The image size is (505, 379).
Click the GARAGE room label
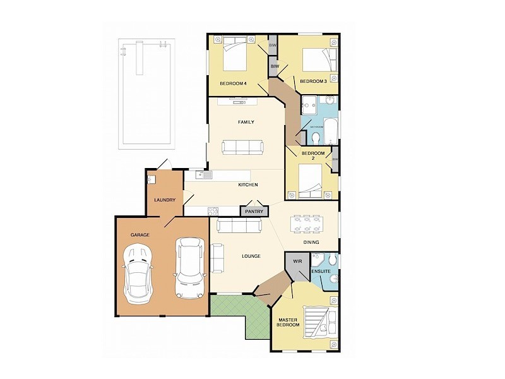(x=140, y=235)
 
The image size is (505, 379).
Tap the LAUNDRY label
(x=164, y=200)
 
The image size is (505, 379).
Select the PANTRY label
(x=254, y=212)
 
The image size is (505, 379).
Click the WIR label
(x=297, y=260)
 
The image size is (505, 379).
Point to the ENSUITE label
(x=321, y=272)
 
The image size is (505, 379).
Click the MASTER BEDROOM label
(x=292, y=324)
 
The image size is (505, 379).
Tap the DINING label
(x=311, y=242)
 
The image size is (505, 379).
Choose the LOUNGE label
(x=251, y=256)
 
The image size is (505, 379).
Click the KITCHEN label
(x=247, y=184)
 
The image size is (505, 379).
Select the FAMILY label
(x=246, y=122)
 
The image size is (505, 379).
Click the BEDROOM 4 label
(x=233, y=83)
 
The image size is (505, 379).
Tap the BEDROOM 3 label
(x=312, y=81)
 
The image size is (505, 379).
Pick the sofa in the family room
(x=242, y=147)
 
